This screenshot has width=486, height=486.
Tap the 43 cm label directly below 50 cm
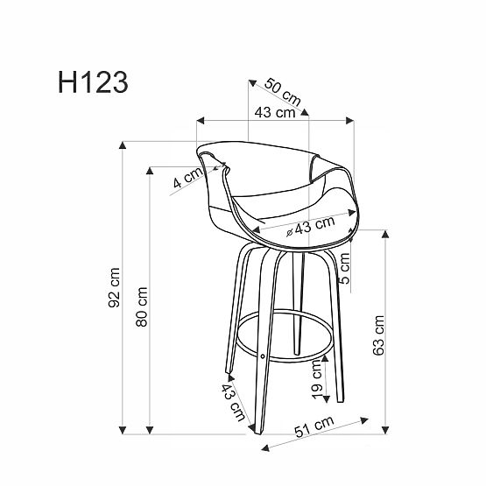point(274,113)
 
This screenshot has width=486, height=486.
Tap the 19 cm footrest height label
point(317,379)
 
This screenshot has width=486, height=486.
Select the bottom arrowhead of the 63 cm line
point(385,430)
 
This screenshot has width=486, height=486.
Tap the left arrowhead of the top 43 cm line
point(201,119)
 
